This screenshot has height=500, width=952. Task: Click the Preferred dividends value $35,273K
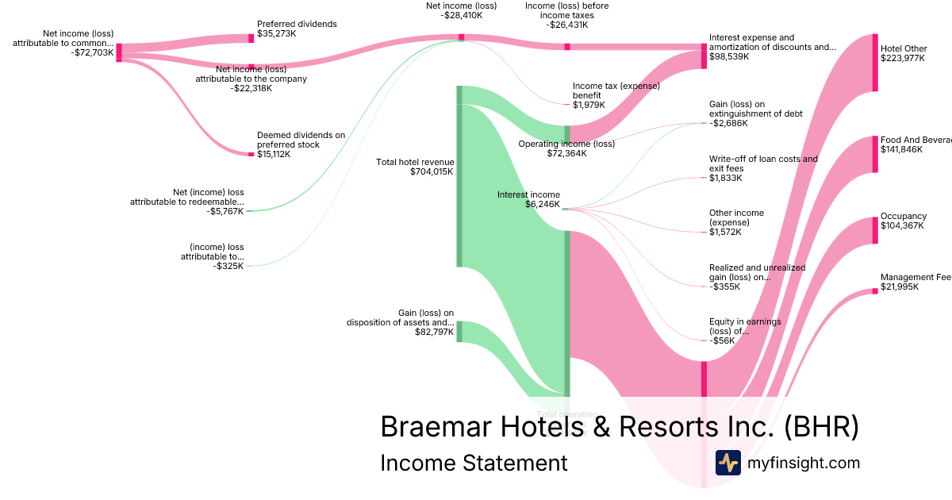[277, 34]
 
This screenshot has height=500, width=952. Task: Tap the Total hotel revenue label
[414, 162]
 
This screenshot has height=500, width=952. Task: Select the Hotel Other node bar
[875, 63]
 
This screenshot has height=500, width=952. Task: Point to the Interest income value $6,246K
[542, 204]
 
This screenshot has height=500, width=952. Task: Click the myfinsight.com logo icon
[727, 463]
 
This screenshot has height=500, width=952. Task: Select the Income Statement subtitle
[474, 463]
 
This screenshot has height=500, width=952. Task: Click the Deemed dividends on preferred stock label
[301, 140]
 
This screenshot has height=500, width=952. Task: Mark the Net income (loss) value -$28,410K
[461, 15]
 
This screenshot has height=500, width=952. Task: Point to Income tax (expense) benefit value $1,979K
[589, 105]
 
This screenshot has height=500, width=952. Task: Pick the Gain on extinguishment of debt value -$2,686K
[728, 123]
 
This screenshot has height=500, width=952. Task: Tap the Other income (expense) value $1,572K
[725, 232]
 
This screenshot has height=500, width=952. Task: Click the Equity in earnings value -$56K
[721, 340]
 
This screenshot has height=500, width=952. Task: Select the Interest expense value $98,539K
[729, 57]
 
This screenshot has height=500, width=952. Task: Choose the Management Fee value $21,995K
[900, 287]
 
